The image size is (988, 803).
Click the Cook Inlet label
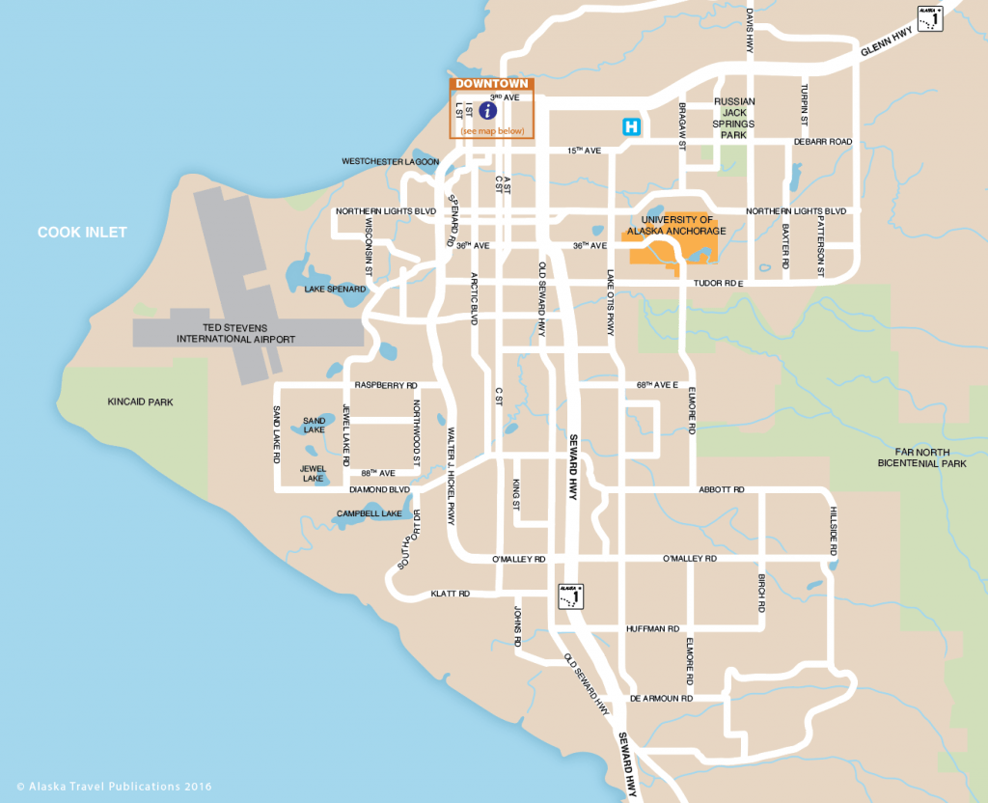point(82,233)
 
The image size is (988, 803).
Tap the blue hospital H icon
point(631,126)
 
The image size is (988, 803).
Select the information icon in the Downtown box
point(488,111)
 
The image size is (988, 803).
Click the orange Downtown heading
point(492,84)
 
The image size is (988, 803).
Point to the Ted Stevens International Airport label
point(235,333)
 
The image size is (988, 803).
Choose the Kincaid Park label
point(140,401)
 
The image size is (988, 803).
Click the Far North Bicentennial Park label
point(921,457)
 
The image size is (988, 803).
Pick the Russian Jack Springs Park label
point(733,118)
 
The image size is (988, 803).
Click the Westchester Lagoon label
point(390,161)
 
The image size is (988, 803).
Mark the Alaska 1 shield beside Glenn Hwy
point(930,18)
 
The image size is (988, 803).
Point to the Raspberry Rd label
point(386,384)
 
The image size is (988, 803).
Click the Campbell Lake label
point(369,513)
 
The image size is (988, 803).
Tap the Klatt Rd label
point(450,594)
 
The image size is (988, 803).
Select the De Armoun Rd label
point(661,698)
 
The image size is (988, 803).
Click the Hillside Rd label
point(834,530)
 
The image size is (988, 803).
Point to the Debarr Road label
point(823,142)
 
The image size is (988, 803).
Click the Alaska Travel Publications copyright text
point(114,787)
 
